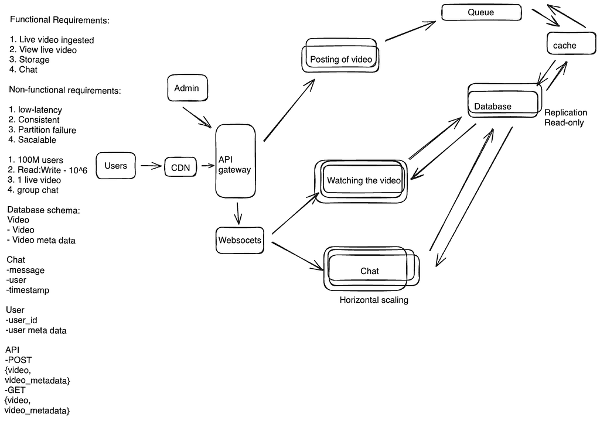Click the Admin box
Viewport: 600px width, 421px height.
click(x=187, y=88)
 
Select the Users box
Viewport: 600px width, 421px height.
click(x=115, y=166)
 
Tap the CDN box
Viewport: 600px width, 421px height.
click(x=180, y=167)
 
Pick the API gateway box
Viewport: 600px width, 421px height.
click(x=236, y=161)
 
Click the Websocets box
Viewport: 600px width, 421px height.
click(x=240, y=240)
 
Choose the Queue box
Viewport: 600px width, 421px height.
click(x=482, y=12)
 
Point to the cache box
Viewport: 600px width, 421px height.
click(x=571, y=43)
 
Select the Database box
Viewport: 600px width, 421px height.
click(x=504, y=100)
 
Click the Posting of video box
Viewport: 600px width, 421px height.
click(x=340, y=55)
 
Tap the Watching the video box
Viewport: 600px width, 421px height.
click(x=361, y=182)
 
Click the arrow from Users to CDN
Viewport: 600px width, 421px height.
click(x=151, y=166)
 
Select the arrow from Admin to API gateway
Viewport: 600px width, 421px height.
click(x=197, y=117)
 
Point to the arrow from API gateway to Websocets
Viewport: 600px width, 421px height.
click(x=238, y=213)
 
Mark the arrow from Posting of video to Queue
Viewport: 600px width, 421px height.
click(x=410, y=31)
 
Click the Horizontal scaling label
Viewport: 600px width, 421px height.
click(x=374, y=300)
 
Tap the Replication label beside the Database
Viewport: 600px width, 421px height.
click(x=565, y=112)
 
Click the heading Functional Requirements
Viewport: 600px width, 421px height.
click(x=60, y=20)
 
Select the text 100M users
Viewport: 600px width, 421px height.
click(x=36, y=160)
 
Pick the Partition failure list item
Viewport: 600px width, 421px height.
click(x=42, y=130)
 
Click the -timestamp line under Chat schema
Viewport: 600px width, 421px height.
click(x=28, y=290)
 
